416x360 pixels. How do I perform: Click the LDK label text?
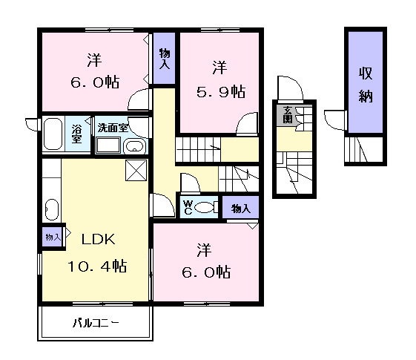98,239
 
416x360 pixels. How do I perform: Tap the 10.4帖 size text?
97,266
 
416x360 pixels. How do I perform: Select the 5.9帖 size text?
221,92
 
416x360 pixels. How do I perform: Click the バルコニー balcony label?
96,323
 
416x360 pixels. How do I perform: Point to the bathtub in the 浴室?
53,134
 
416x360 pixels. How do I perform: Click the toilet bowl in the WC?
205,207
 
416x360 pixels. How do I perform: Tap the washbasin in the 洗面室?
134,146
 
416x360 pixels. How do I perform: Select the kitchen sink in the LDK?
52,209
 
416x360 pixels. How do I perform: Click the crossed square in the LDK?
136,170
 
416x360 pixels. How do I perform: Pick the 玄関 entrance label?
287,115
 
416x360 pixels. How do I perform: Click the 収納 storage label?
366,85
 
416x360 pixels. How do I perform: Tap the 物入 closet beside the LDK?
53,237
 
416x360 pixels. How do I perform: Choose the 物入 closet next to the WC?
240,208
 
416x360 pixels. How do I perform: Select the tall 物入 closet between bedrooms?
164,59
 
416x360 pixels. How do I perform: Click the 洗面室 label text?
113,128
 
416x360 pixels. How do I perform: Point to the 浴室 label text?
76,134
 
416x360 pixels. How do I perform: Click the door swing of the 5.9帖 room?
247,122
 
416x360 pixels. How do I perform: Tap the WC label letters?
188,207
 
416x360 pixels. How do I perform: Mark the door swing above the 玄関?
290,88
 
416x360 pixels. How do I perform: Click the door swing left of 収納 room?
335,120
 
